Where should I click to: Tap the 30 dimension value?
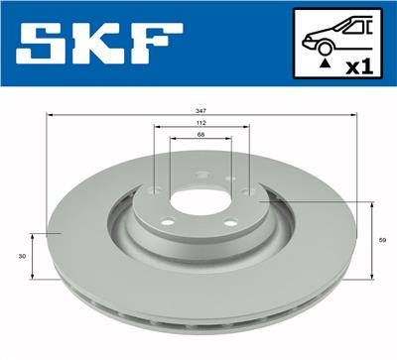(22, 255)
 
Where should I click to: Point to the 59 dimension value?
(383, 239)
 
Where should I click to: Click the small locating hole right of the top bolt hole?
(229, 179)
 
